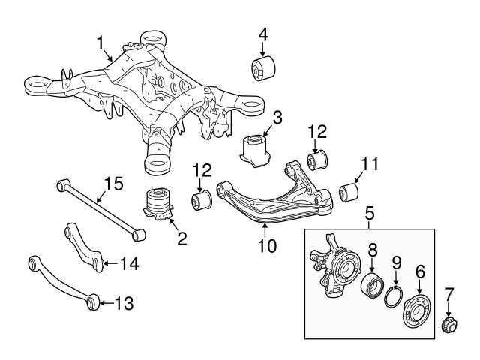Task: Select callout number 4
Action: tap(262, 34)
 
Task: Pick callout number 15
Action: tap(112, 182)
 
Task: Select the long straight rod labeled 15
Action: tap(97, 207)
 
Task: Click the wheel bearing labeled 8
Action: tap(373, 288)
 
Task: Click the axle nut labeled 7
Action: tap(448, 325)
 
